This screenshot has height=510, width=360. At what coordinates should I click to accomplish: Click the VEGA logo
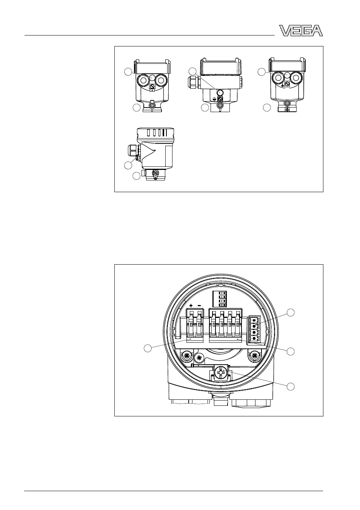click(x=301, y=31)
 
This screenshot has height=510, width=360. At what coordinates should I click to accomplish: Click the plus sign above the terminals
click(x=191, y=305)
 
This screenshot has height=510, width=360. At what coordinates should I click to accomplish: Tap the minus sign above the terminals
click(x=199, y=305)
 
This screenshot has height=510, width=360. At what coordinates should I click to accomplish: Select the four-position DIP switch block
click(x=216, y=299)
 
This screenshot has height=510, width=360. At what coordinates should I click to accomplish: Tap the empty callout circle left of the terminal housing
click(x=148, y=348)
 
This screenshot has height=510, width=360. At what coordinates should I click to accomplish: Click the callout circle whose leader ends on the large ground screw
click(x=290, y=387)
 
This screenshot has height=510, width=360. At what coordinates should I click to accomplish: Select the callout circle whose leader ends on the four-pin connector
click(x=290, y=312)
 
